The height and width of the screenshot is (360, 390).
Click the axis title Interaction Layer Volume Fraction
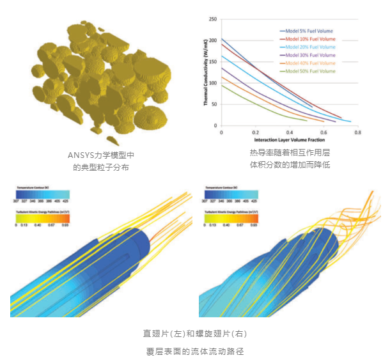290,139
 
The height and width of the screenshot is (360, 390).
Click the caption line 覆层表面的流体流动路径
194,351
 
